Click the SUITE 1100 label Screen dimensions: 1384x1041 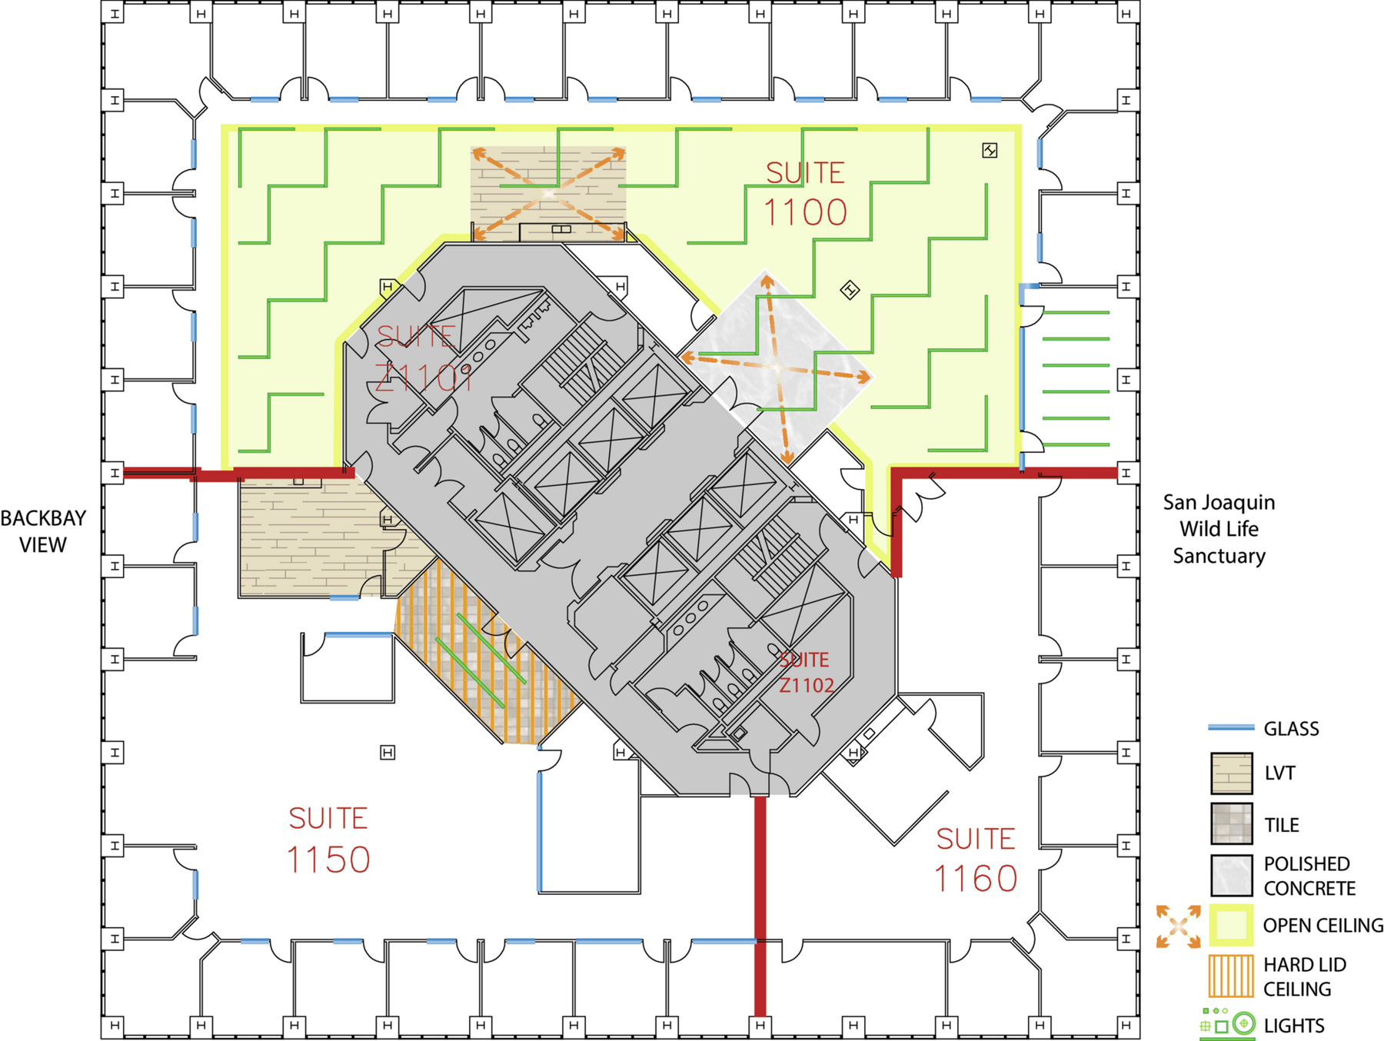coord(805,193)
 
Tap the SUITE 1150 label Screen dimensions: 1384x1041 coord(328,840)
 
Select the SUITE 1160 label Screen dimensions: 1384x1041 coord(976,860)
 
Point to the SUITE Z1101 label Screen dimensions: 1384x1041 coord(424,358)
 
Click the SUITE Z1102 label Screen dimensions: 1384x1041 coord(806,673)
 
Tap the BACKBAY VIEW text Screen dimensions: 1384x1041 coord(43,531)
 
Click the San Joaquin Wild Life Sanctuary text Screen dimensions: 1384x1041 coord(1219,529)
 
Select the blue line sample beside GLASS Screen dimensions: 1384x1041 coord(1231,727)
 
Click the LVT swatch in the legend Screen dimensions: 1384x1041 coord(1232,773)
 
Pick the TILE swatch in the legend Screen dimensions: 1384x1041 coord(1232,823)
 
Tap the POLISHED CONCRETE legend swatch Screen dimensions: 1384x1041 coord(1232,875)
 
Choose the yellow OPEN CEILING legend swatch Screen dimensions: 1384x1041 coord(1231,925)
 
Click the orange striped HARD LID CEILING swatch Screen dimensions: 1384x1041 coord(1231,976)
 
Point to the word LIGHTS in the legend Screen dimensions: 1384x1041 coord(1294,1026)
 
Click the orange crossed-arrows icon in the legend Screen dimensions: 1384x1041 coord(1178,926)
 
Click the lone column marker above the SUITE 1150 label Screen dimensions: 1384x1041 coord(388,752)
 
